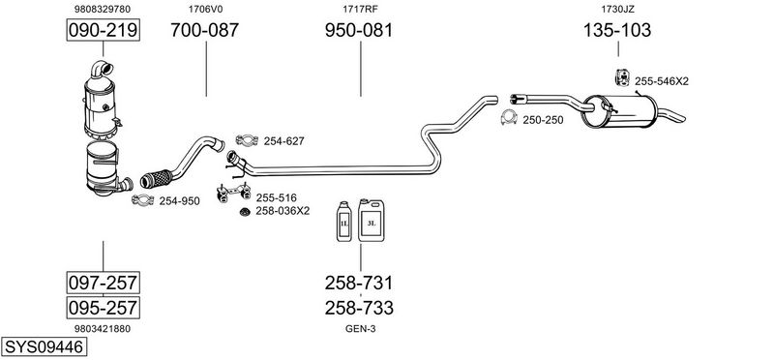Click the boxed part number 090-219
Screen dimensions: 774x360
(104, 30)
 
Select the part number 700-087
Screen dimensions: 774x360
(205, 30)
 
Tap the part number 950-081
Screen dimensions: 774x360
(359, 30)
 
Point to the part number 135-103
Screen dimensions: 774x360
(617, 30)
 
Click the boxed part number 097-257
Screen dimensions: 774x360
(104, 283)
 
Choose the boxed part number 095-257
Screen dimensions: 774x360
(104, 308)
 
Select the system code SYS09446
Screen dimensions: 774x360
(44, 346)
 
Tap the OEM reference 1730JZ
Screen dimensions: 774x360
(617, 9)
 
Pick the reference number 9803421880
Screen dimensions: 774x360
(103, 328)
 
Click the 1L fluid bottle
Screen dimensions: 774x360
(344, 222)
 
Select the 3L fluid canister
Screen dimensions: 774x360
(372, 221)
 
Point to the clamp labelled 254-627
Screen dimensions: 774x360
(247, 140)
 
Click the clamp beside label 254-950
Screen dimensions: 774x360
(143, 200)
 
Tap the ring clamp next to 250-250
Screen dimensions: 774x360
(509, 117)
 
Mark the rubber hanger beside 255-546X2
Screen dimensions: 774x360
(622, 77)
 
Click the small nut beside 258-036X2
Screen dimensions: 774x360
(244, 212)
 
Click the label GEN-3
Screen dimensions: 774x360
(360, 328)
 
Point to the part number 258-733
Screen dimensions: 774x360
(359, 308)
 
